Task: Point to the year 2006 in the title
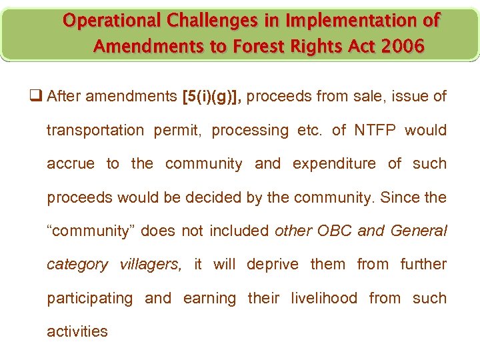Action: click(x=401, y=47)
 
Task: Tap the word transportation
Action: click(x=95, y=130)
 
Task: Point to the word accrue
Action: click(x=70, y=163)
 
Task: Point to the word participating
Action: click(x=89, y=298)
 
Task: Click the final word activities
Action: click(x=77, y=331)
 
